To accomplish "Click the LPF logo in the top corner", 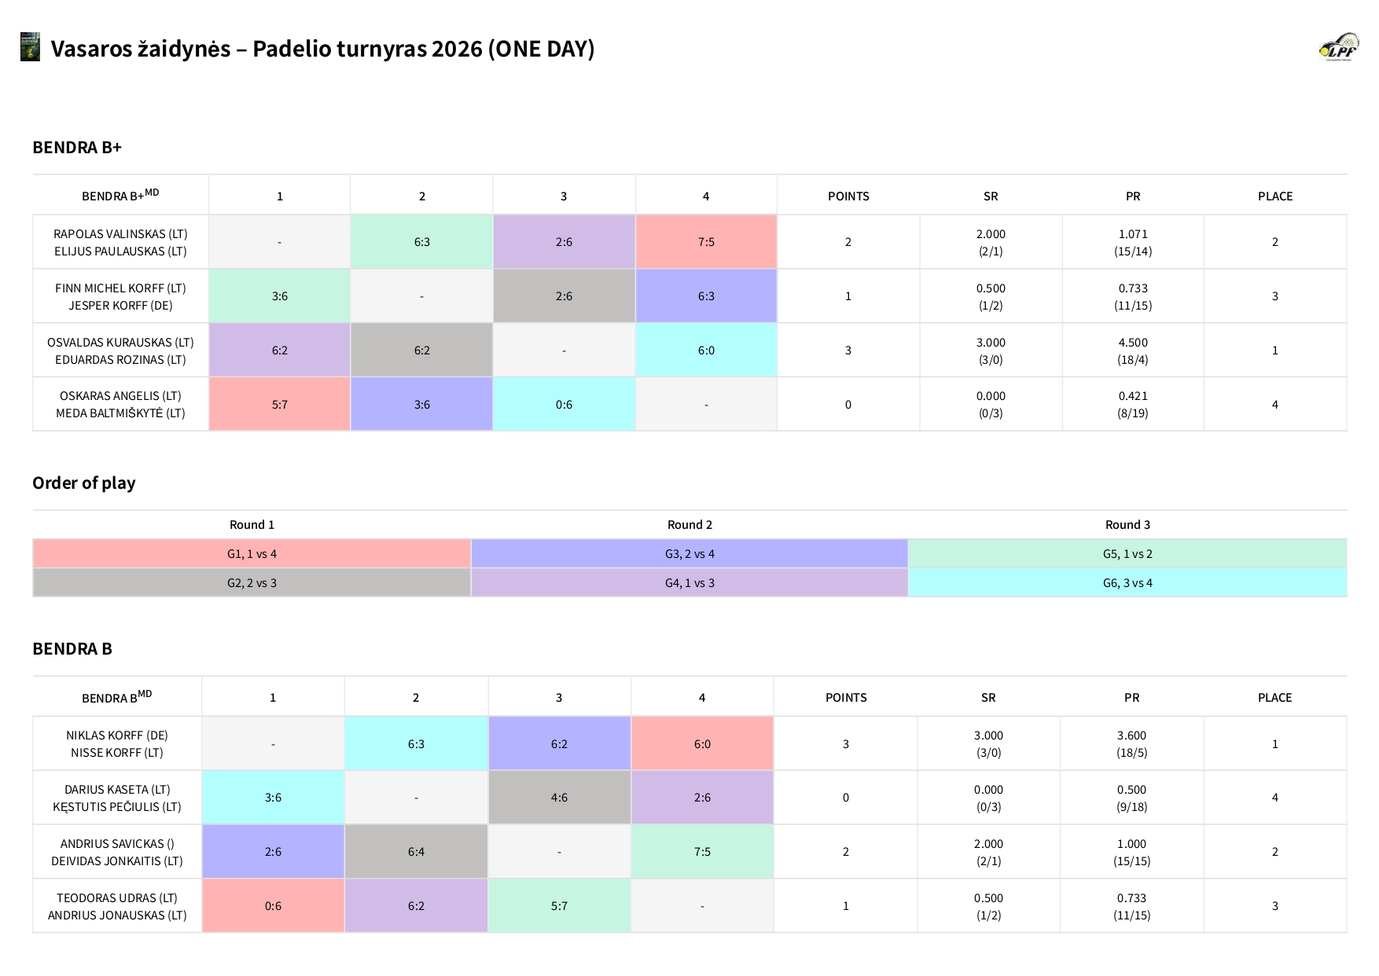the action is tap(1339, 47).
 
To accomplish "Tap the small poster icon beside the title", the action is tap(30, 47).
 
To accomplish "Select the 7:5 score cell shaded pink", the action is tap(706, 242).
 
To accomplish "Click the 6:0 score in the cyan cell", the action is tap(706, 350).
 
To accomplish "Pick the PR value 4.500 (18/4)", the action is tap(1133, 350).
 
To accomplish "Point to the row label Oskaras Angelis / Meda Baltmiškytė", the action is tap(120, 405).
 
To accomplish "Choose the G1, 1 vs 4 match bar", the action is tap(252, 554).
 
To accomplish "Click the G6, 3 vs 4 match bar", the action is tap(1127, 583).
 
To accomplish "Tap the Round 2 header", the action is tap(689, 525).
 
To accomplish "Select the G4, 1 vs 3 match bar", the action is tap(689, 583).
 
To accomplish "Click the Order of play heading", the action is tap(84, 482).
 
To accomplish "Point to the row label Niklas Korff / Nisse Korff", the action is tap(117, 744).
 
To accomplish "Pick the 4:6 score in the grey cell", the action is tap(559, 798).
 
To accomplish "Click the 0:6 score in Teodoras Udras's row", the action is tap(273, 906).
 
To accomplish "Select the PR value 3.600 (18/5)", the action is tap(1131, 744).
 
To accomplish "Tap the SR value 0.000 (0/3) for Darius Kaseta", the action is tap(988, 798).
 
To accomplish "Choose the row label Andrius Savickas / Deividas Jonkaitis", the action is tap(117, 852).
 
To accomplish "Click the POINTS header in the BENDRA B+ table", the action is tap(848, 196).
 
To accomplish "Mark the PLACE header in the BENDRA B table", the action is tap(1274, 698).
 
